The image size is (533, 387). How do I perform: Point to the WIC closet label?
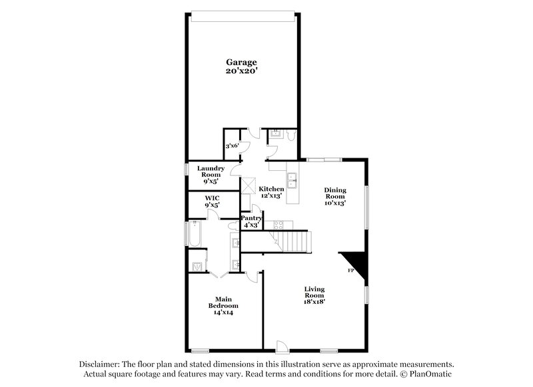click(x=212, y=198)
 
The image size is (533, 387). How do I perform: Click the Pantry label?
click(x=251, y=218)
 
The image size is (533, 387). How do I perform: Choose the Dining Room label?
click(x=335, y=193)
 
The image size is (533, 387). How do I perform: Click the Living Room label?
click(x=314, y=291)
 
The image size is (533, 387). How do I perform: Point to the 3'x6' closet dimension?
click(x=233, y=146)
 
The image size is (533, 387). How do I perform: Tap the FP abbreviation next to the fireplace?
click(x=350, y=271)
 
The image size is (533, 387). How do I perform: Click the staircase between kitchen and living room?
click(x=291, y=239)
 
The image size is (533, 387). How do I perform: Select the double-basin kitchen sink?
click(x=292, y=180)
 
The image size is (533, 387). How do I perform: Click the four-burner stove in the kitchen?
click(x=249, y=184)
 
